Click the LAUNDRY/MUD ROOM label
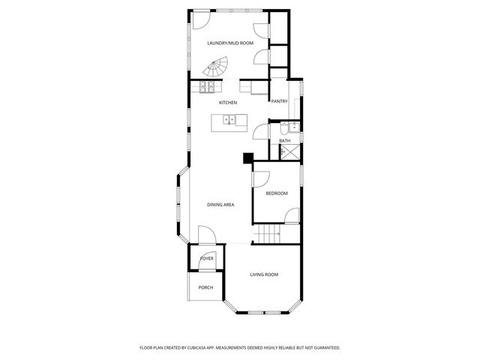tap(230, 43)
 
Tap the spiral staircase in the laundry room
tap(217, 70)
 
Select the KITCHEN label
tap(228, 102)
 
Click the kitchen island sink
tap(229, 119)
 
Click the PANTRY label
tap(279, 101)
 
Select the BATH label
tap(285, 140)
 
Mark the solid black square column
tap(247, 157)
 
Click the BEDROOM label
tap(276, 193)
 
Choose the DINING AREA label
tap(220, 204)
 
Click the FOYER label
tap(206, 259)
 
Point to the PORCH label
tap(205, 287)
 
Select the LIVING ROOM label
tap(264, 274)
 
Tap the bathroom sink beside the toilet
tap(295, 127)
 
